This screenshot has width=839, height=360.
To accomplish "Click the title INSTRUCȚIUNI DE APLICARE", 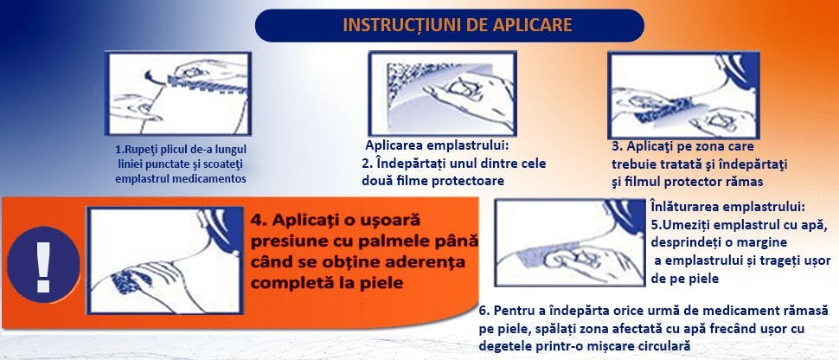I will point(458,23).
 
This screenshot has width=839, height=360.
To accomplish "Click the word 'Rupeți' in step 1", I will point(139,149).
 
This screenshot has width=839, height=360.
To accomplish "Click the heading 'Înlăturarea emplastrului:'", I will point(727,207).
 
